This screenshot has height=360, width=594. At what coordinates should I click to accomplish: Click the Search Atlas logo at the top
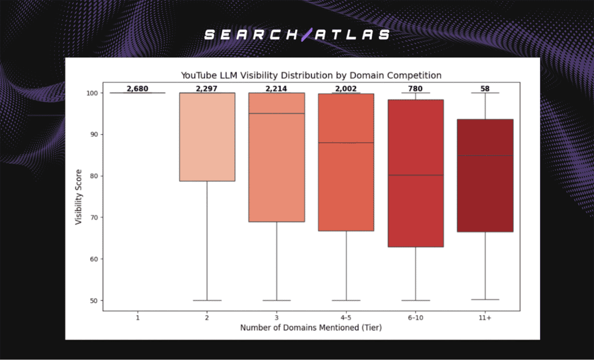click(x=297, y=35)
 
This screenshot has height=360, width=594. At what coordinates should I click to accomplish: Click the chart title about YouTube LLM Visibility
click(x=312, y=75)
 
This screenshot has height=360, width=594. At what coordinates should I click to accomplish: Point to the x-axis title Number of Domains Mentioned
click(x=311, y=328)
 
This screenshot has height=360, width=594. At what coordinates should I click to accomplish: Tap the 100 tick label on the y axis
click(x=92, y=93)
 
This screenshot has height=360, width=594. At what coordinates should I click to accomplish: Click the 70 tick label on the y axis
click(x=94, y=217)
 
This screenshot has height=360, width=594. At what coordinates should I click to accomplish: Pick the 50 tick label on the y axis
click(x=94, y=300)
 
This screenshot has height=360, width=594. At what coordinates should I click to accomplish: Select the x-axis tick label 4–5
click(x=346, y=318)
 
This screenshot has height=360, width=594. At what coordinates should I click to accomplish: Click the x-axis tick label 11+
click(x=486, y=318)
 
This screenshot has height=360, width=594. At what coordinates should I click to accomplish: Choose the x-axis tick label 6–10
click(x=416, y=318)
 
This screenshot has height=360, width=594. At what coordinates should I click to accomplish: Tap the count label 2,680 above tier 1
click(x=137, y=89)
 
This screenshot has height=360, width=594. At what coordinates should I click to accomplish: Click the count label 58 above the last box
click(x=486, y=89)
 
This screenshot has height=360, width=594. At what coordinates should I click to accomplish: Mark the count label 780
click(x=416, y=89)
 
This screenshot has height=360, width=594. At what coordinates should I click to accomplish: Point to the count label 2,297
click(x=207, y=89)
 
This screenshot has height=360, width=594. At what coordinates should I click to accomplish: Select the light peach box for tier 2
click(x=207, y=137)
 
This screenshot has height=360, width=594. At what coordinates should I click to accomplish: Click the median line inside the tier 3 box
click(x=277, y=114)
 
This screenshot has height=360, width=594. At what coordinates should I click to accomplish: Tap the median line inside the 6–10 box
click(x=416, y=175)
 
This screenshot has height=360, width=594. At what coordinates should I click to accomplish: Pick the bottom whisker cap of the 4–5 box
click(x=346, y=300)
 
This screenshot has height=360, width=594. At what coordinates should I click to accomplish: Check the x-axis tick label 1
click(x=137, y=318)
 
